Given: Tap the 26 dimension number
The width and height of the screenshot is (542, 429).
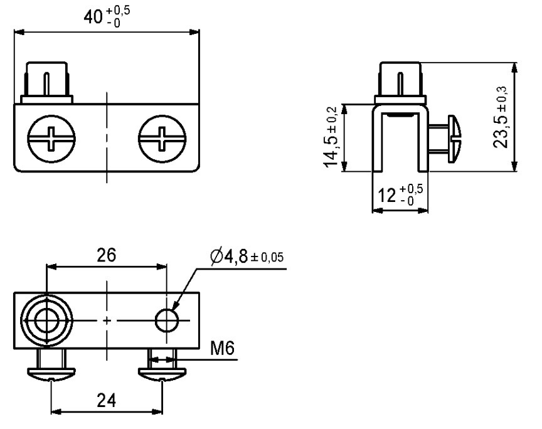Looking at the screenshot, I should point(106,255).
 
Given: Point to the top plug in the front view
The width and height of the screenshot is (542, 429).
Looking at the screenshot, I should point(48,80).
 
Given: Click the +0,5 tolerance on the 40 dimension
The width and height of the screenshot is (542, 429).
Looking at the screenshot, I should point(121,11).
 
